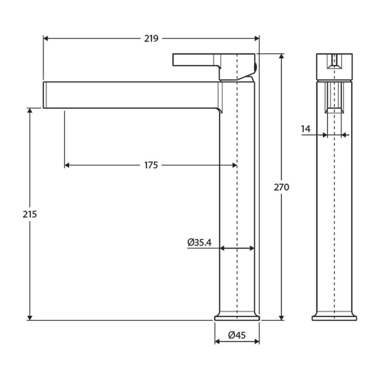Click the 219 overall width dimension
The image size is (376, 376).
tap(151, 38)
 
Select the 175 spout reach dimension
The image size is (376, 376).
tap(151, 165)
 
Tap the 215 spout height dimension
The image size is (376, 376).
tap(30, 214)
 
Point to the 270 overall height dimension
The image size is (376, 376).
tap(281, 187)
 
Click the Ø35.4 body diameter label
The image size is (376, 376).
tap(199, 242)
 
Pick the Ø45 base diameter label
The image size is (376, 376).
tap(237, 335)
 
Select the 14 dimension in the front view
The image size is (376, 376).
tap(305, 129)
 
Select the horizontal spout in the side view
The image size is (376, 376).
tap(132, 95)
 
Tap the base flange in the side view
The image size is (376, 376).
tap(237, 318)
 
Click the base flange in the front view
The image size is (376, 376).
tap(334, 318)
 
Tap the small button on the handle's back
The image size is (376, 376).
tap(256, 66)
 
